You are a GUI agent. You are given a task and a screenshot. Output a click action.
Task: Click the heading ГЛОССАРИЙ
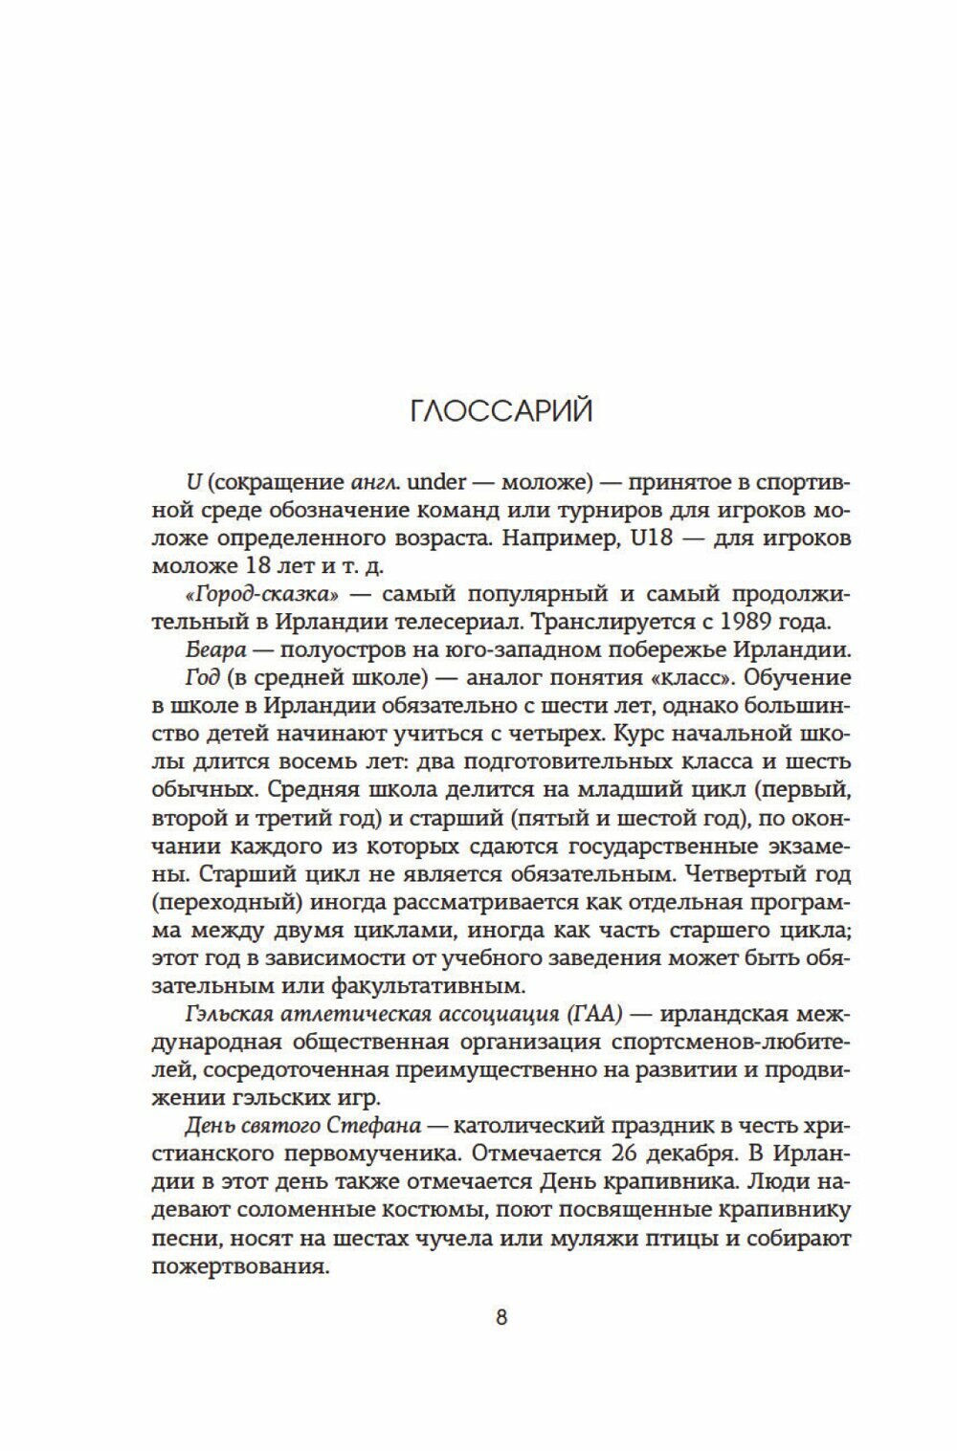coord(501,411)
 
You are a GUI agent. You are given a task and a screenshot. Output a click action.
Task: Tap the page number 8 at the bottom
coord(501,1317)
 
